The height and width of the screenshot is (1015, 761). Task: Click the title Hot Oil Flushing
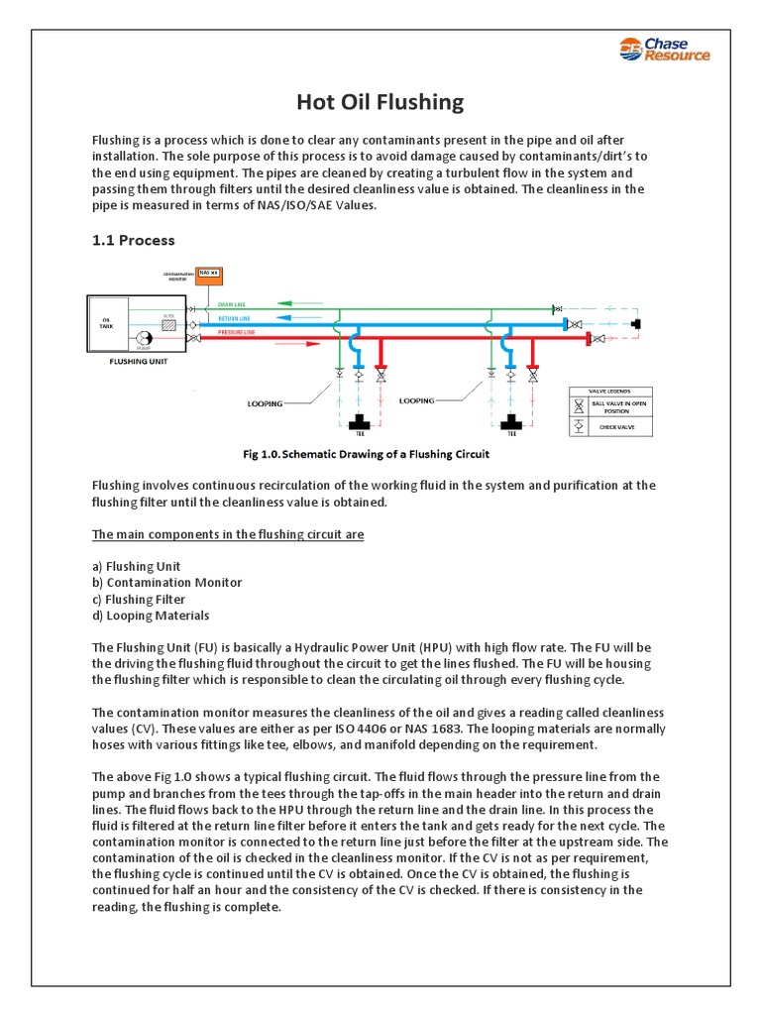coord(380,102)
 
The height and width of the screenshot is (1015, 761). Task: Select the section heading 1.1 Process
coord(133,240)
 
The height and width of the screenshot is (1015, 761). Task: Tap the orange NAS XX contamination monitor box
coord(208,274)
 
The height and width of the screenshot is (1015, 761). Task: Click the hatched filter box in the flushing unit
coord(168,324)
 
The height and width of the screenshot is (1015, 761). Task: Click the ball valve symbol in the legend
coord(579,405)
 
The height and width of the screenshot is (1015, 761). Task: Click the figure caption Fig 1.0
coord(367,455)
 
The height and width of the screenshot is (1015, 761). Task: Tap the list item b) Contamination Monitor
coord(166,583)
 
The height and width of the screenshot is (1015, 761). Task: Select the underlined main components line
coord(228,534)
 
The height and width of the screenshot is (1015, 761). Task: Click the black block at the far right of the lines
coord(634,324)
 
